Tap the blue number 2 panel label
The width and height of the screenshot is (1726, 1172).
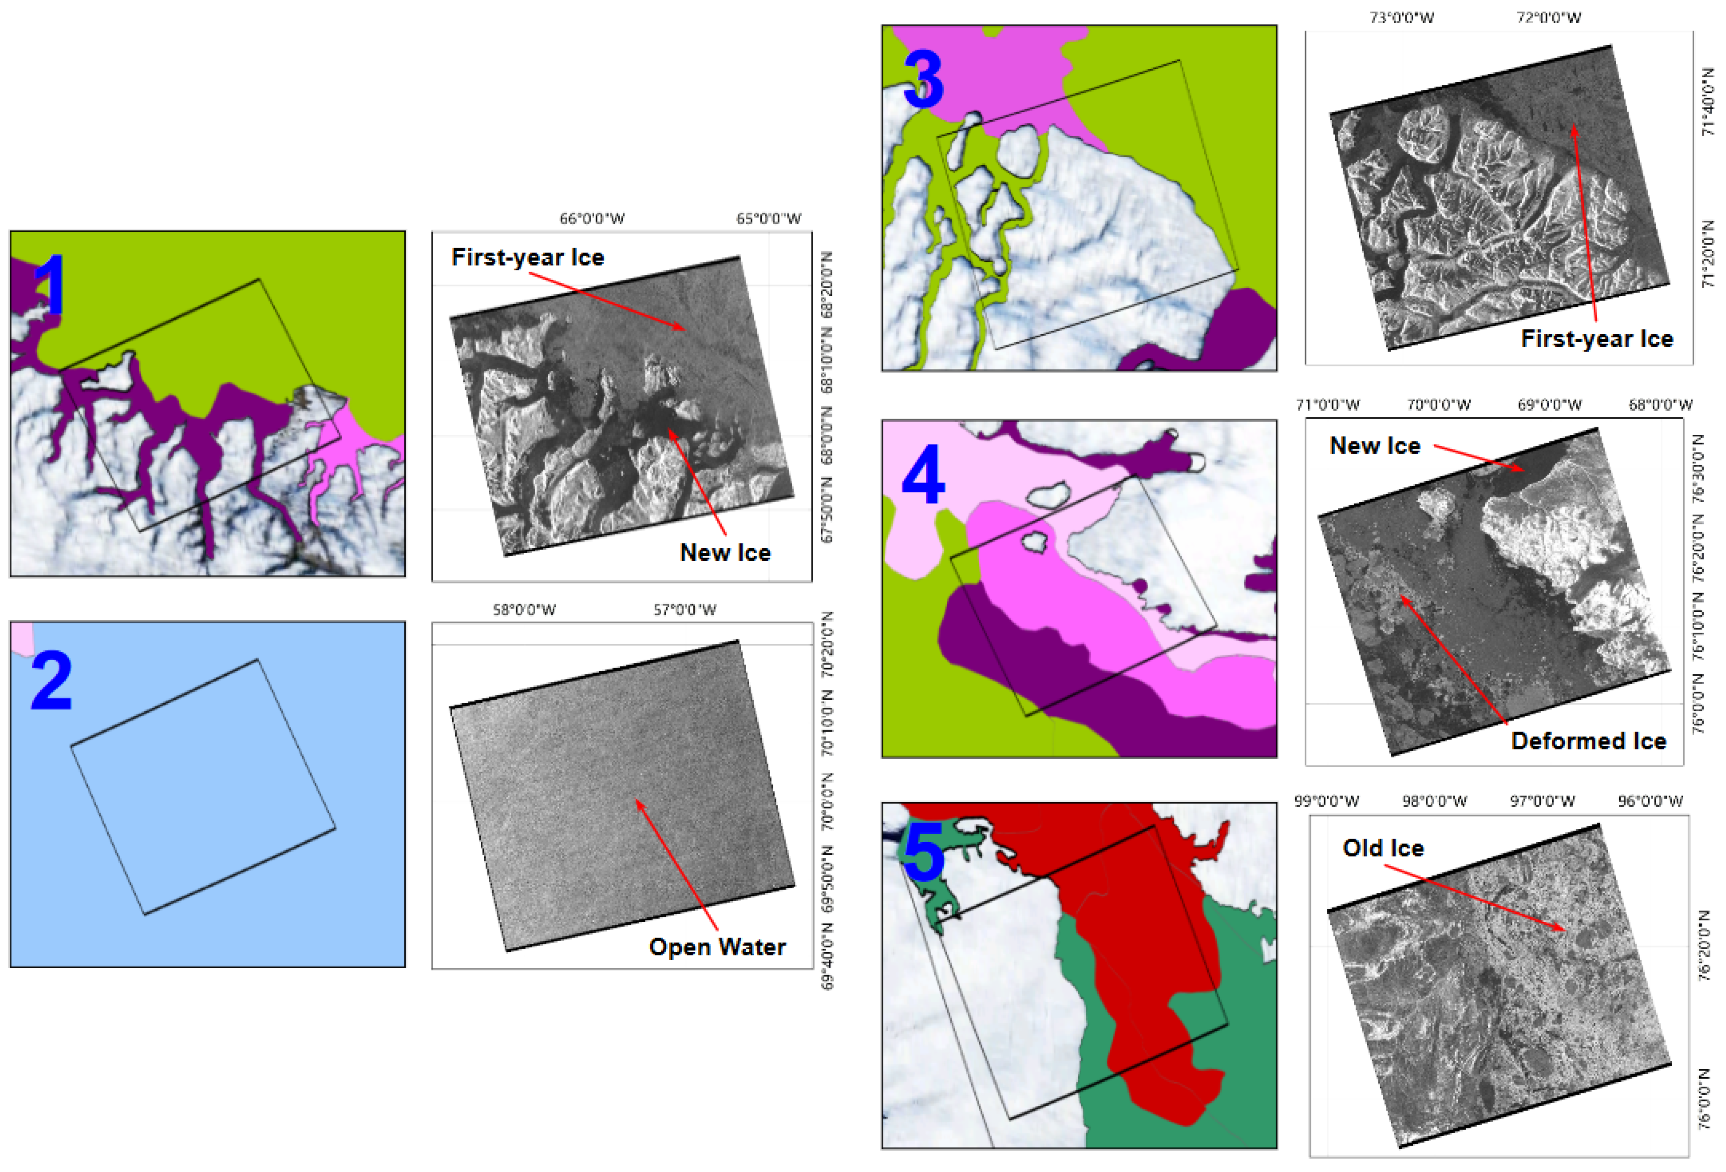point(52,681)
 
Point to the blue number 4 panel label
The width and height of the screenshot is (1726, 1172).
point(923,475)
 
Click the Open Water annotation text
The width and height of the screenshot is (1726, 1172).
point(717,947)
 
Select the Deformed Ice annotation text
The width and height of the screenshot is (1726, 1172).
point(1588,740)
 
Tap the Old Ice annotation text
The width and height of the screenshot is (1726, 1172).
point(1383,848)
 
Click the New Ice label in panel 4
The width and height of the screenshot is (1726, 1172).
point(1375,445)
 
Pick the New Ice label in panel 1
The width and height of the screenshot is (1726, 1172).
point(725,553)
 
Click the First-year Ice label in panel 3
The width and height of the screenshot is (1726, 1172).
point(1597,339)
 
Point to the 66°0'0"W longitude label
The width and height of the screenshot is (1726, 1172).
point(592,218)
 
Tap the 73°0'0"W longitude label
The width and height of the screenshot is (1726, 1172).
point(1402,17)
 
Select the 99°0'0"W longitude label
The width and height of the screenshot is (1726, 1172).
point(1327,801)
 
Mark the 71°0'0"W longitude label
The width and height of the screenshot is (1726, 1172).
point(1328,405)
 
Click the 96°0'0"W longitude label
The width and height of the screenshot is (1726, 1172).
point(1650,801)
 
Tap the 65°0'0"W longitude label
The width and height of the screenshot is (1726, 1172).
point(769,218)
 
